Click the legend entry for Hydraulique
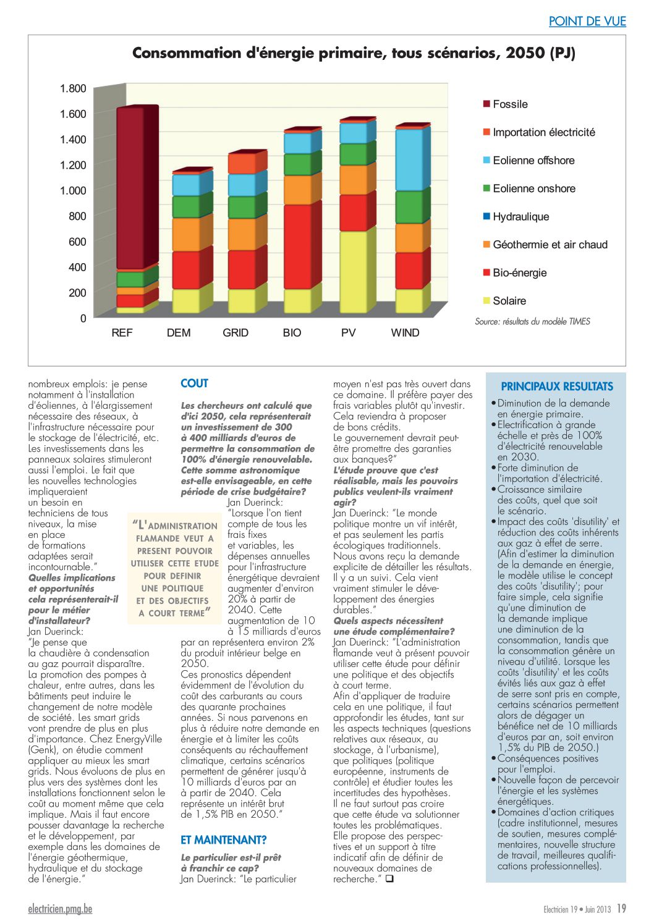coord(516,217)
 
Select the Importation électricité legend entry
coord(539,132)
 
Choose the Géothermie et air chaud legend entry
coord(545,245)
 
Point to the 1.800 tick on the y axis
coord(73,88)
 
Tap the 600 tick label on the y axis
coord(77,241)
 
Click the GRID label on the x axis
coord(236,333)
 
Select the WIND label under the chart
coord(405,333)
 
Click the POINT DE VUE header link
coord(587,21)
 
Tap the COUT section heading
coord(194,383)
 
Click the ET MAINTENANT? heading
coord(223,839)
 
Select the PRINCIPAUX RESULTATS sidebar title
coord(557,387)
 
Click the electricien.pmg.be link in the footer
coord(61,909)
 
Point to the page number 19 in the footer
coord(621,909)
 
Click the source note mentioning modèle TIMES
coord(532,321)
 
